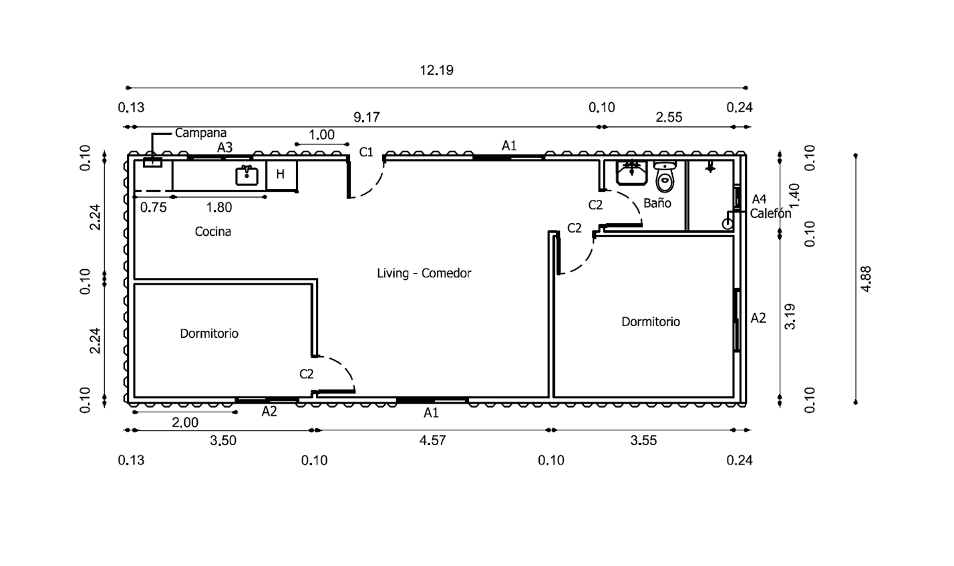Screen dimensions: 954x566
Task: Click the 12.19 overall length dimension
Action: click(436, 70)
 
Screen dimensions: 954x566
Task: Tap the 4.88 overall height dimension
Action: click(866, 279)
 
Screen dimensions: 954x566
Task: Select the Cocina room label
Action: click(213, 232)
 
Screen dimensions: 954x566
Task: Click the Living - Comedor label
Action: click(424, 273)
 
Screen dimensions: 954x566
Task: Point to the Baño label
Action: click(657, 202)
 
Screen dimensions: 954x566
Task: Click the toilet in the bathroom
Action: click(665, 176)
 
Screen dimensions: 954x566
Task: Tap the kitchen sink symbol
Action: click(247, 175)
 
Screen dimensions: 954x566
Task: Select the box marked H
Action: click(281, 175)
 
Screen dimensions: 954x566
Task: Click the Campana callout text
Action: click(200, 133)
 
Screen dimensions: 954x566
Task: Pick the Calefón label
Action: click(770, 213)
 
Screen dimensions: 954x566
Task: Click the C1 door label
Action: click(366, 152)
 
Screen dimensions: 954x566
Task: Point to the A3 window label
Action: click(225, 148)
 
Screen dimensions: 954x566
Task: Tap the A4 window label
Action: click(760, 199)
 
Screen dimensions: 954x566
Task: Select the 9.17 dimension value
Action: click(367, 117)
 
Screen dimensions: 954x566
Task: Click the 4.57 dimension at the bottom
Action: click(433, 440)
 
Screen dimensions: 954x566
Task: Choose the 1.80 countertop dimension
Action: click(219, 207)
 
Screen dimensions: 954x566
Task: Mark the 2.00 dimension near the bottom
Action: click(185, 422)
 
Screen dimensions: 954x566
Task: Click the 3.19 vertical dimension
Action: click(790, 317)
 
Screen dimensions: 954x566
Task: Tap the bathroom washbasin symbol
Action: click(632, 172)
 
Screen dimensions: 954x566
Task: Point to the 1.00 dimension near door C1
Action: click(321, 135)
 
